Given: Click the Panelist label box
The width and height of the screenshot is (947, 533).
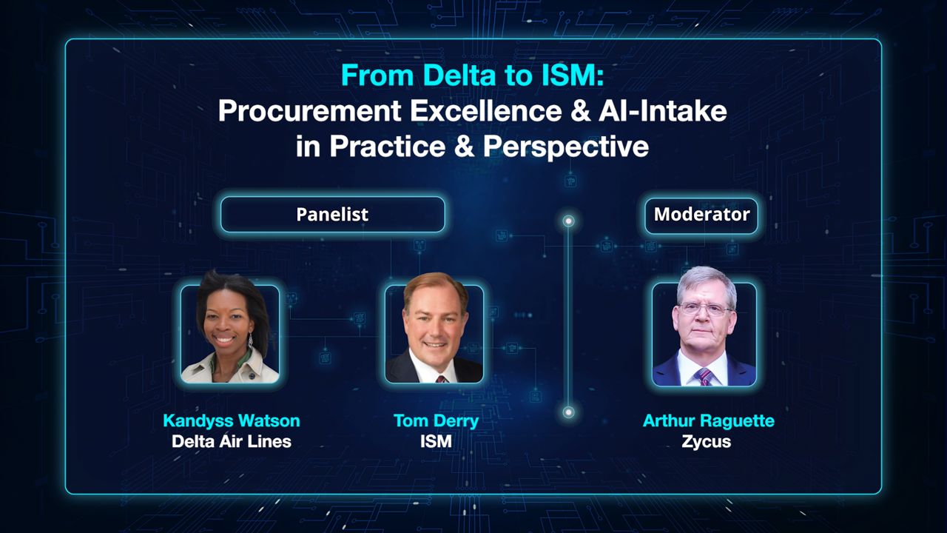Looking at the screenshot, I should point(332,215).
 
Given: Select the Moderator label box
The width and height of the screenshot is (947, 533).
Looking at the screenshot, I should point(701,215).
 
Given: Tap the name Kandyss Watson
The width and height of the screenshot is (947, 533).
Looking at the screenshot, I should point(232,421).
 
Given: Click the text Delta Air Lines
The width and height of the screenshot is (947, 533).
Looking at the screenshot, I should point(232,442).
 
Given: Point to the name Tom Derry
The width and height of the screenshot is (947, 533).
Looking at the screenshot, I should point(436,421).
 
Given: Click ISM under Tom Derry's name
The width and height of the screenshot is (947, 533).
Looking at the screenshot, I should point(436,442).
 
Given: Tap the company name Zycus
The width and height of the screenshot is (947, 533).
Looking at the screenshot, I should point(706,442).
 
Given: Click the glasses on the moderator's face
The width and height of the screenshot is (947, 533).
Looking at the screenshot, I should point(705,309).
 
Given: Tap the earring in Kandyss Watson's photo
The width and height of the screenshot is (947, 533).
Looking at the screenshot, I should point(251,341).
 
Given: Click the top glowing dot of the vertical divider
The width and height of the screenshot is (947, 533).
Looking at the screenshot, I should point(569,221).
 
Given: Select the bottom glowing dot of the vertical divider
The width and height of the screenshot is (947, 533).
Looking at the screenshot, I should point(569,412).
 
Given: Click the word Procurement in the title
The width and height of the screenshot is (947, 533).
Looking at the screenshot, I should point(308,111).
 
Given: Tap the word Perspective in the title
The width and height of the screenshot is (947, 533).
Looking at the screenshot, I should point(566,146).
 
